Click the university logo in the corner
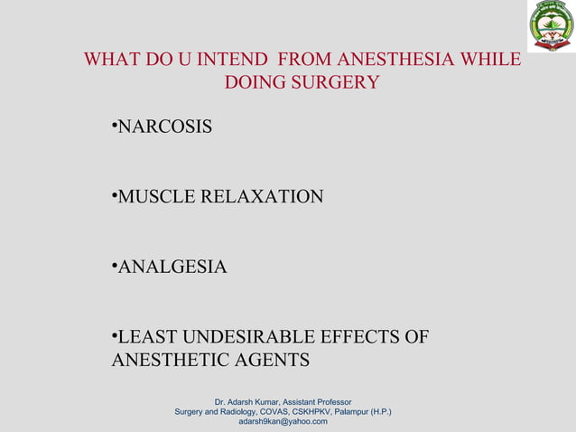tap(551, 26)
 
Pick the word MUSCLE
tap(155, 197)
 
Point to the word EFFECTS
tap(356, 338)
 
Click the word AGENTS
tap(270, 361)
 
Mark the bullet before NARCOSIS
tap(114, 126)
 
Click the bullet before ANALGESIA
tap(114, 266)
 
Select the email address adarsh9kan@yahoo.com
tap(283, 421)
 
